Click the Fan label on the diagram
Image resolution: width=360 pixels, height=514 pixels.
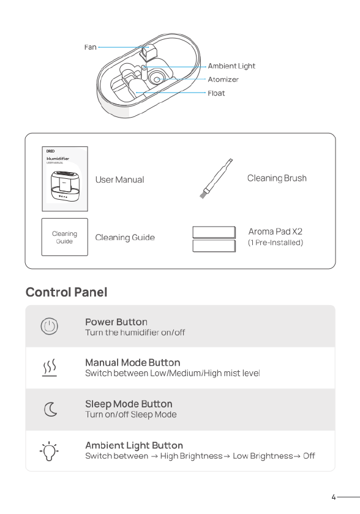click(x=91, y=47)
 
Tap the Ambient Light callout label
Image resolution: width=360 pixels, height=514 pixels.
click(x=231, y=66)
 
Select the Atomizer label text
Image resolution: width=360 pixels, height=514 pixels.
click(x=223, y=79)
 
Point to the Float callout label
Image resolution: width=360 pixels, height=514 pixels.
click(x=216, y=93)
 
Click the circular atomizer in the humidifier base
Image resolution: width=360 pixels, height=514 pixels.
click(x=157, y=78)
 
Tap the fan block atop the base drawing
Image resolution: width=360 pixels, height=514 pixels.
click(x=148, y=53)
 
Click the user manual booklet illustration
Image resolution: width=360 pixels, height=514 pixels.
click(x=65, y=179)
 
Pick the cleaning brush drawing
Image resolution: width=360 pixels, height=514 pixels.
click(x=216, y=179)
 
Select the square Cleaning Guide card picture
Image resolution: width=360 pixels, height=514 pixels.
click(x=64, y=237)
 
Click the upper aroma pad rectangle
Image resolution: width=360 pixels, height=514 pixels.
click(x=214, y=232)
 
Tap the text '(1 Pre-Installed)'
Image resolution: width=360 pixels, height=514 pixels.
click(x=276, y=243)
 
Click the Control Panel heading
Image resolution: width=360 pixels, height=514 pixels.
click(x=67, y=292)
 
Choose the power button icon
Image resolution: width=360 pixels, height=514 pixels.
click(x=50, y=327)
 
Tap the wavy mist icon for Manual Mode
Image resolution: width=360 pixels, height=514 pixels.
click(x=50, y=368)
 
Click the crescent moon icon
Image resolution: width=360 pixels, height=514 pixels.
click(x=50, y=409)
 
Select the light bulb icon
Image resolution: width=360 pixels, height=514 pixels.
click(x=49, y=451)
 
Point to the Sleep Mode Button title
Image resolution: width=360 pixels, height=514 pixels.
click(x=129, y=404)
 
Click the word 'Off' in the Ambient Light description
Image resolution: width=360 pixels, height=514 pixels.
click(x=309, y=456)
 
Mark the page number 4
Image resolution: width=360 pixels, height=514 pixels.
click(x=334, y=497)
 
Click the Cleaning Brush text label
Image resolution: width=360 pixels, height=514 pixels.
click(x=277, y=178)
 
